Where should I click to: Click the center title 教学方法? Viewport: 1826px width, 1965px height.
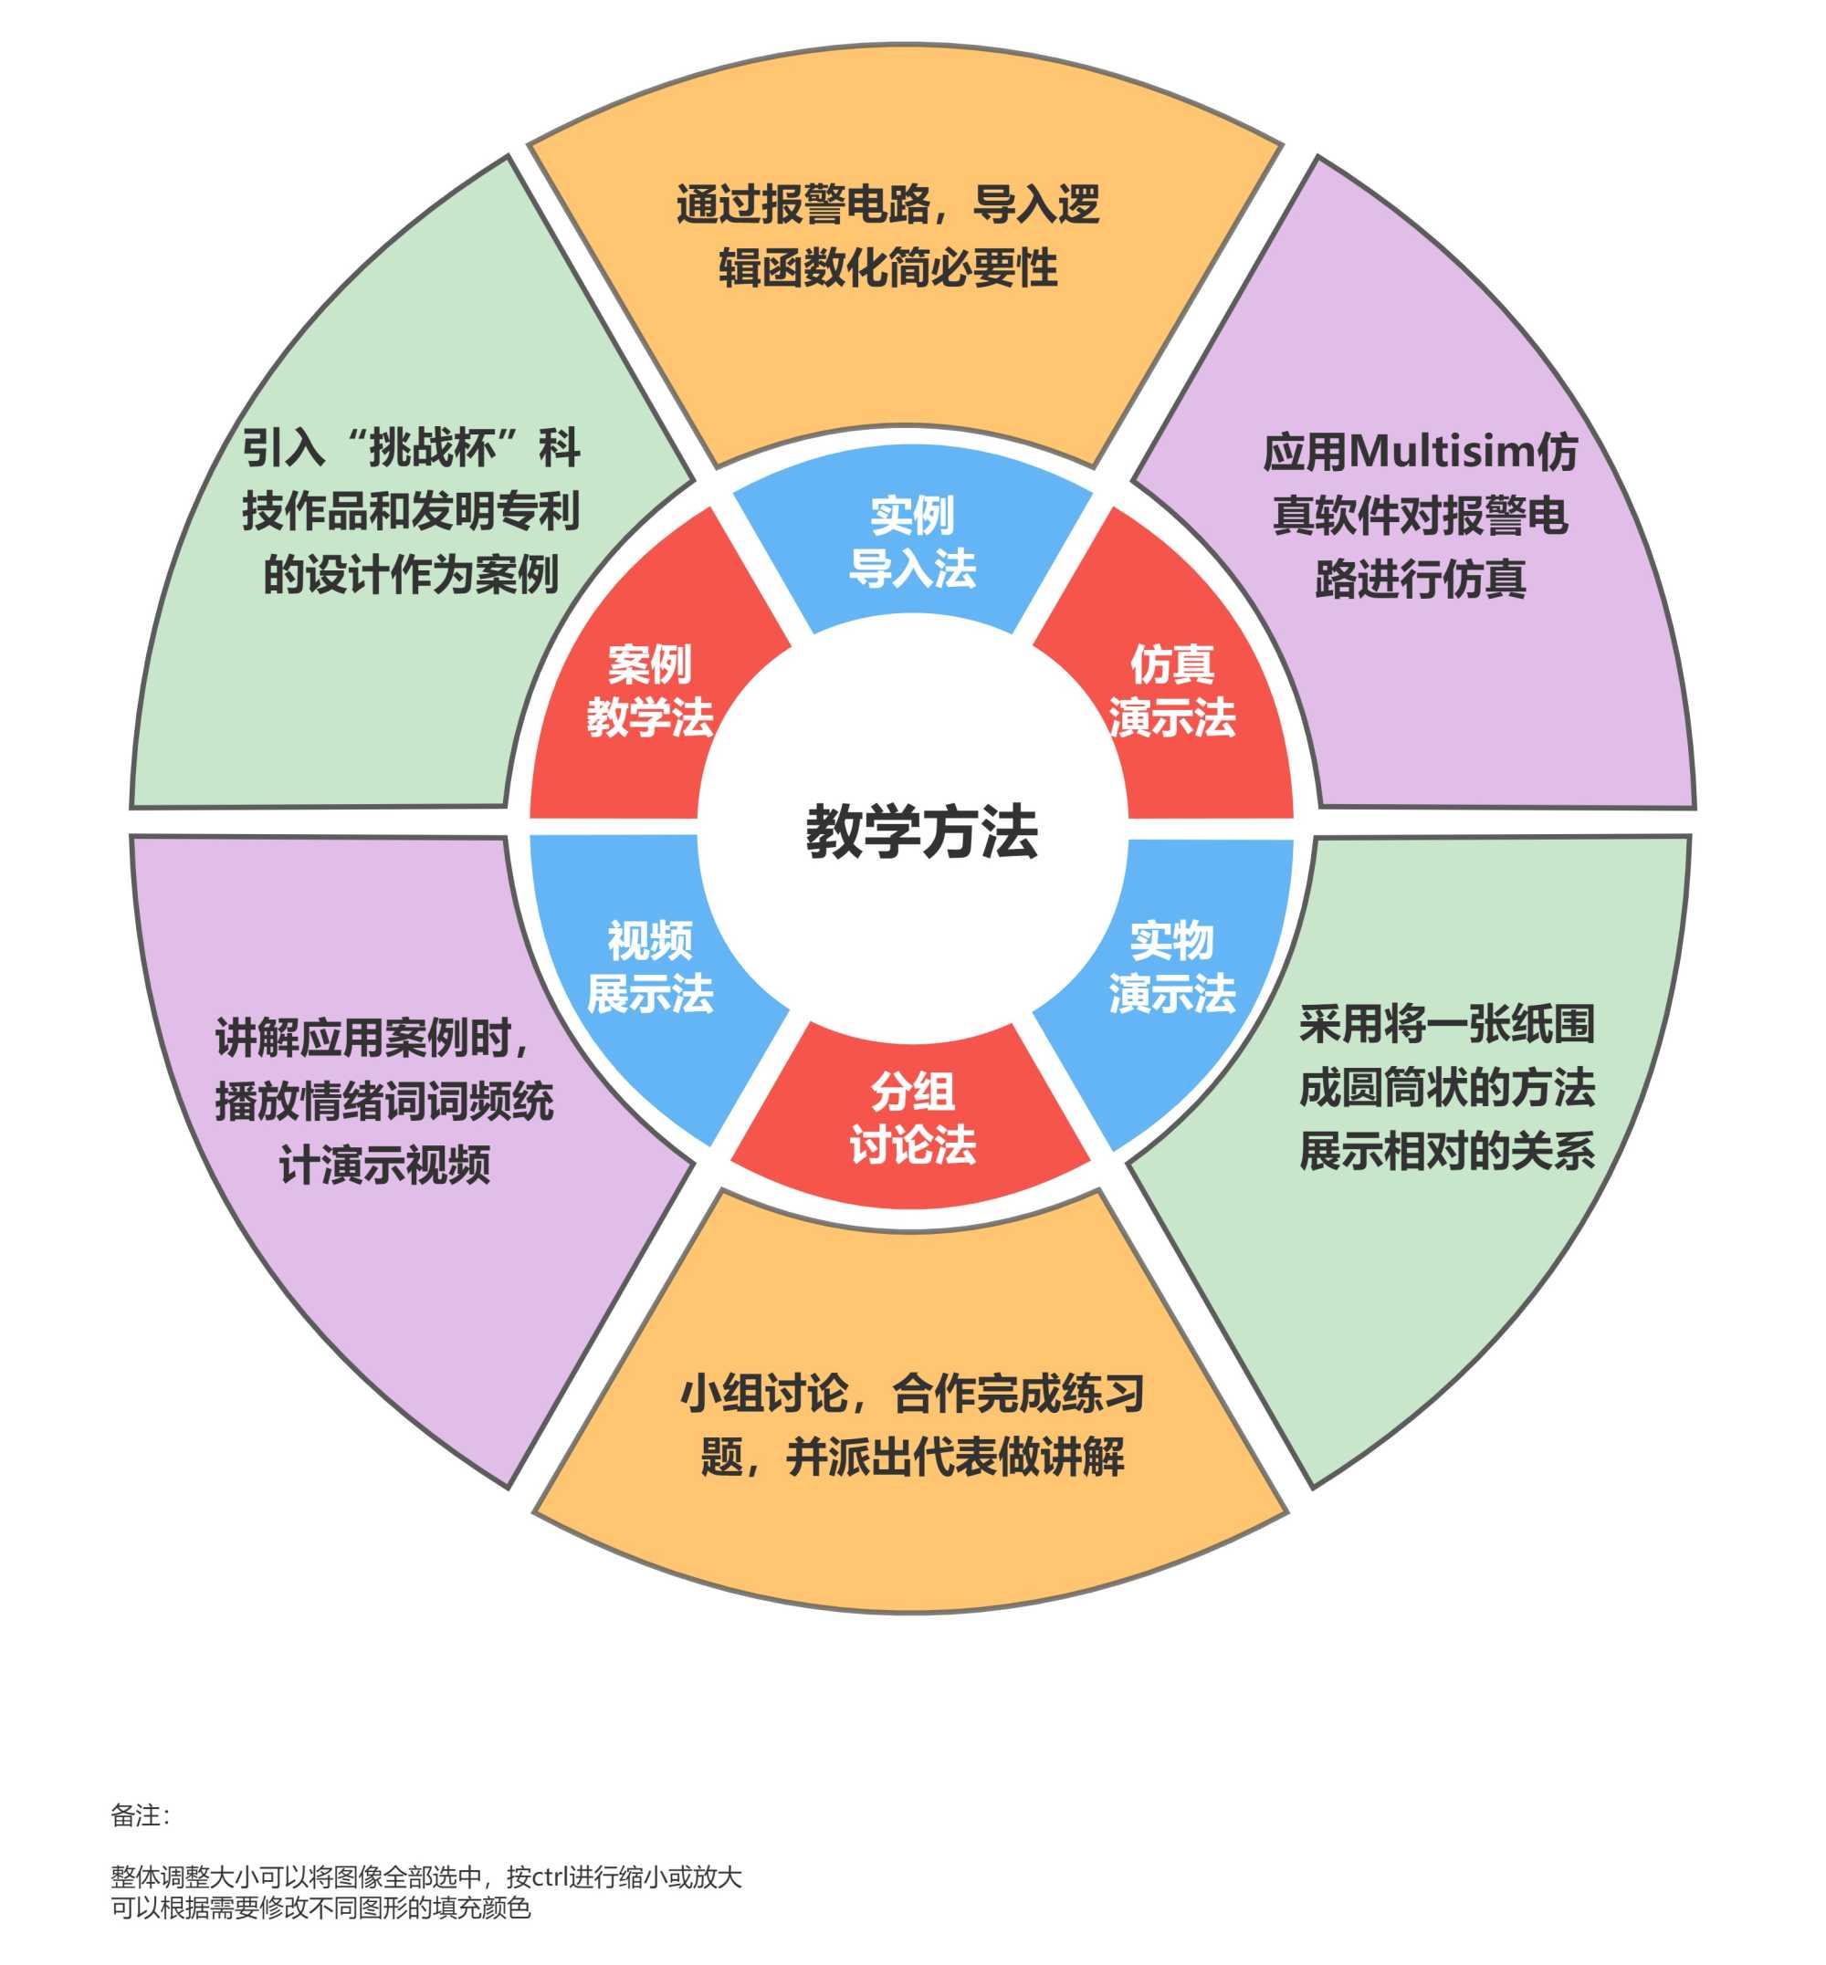921,831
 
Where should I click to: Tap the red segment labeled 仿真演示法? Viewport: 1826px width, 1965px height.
1170,691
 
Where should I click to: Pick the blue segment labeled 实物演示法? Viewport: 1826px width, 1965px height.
1170,967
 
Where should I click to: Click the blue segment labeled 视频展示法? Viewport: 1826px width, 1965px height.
649,967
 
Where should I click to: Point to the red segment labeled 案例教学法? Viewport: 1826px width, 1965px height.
649,691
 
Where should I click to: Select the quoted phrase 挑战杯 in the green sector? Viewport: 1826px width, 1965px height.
431,447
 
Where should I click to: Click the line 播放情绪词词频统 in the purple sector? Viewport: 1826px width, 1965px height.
384,1101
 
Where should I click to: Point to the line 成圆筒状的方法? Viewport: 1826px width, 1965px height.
1446,1087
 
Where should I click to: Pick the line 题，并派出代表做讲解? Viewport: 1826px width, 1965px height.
912,1457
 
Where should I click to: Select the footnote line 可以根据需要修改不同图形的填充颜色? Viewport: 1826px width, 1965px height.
320,1908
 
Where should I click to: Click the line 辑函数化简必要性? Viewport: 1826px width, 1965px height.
887,267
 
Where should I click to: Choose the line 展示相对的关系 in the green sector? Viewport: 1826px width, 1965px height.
1446,1151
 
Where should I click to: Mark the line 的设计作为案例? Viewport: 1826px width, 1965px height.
410,574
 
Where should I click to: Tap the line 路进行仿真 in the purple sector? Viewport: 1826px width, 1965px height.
1420,578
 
